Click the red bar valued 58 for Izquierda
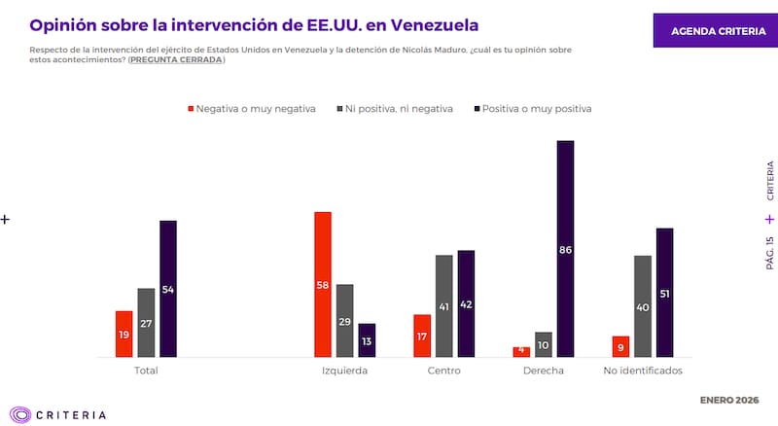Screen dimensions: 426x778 (x=323, y=284)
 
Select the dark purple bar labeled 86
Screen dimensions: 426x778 (x=565, y=249)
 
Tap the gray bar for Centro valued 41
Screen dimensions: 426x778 (x=444, y=305)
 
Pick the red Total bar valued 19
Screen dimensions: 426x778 (x=124, y=334)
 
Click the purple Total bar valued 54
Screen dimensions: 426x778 (x=168, y=289)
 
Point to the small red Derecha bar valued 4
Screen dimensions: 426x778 (x=522, y=351)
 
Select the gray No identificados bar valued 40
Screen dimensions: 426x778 (x=643, y=306)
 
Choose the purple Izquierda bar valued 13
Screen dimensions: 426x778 (x=367, y=340)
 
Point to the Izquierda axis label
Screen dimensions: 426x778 (x=344, y=371)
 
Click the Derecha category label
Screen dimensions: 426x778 (x=543, y=371)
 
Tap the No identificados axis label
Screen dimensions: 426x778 (x=643, y=371)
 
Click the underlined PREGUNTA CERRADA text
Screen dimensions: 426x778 (x=176, y=59)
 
